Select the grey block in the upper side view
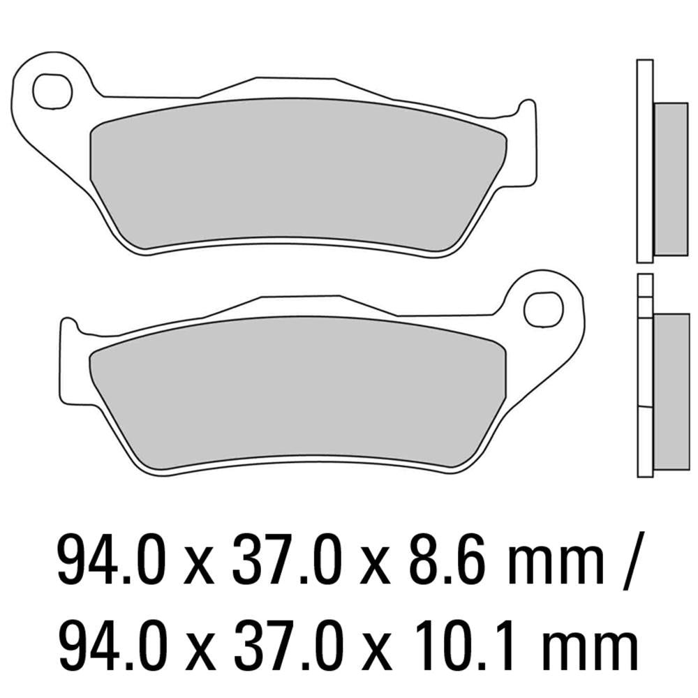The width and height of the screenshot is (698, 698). click(671, 179)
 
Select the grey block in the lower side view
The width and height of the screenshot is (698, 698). click(671, 394)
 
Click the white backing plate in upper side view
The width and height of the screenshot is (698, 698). click(644, 161)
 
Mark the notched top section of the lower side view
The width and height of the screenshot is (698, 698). click(646, 293)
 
